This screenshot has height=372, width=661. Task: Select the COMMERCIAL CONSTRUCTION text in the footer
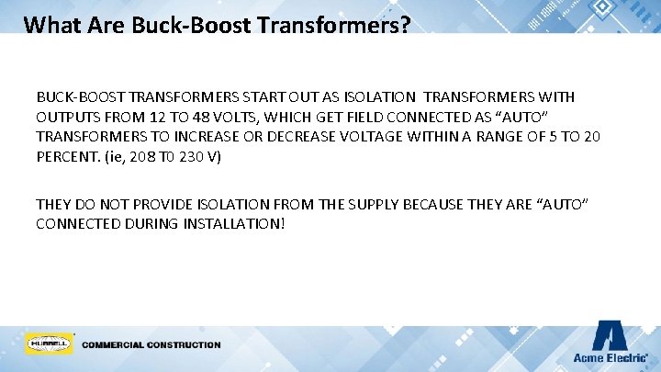(151, 345)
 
